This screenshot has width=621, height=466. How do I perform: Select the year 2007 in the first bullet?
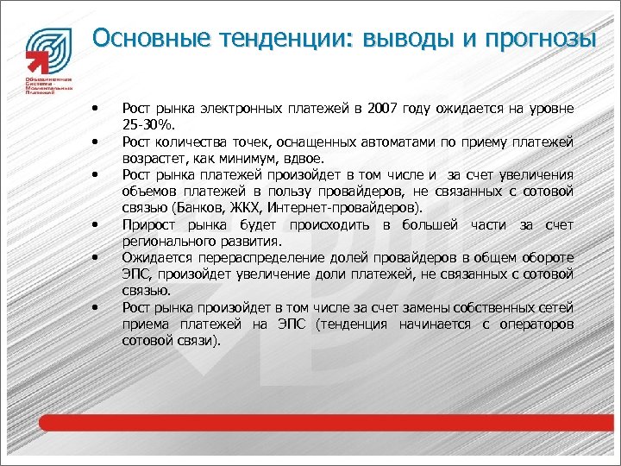point(384,109)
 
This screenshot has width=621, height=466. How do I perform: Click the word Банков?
point(197,208)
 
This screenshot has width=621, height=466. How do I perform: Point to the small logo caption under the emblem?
point(48,85)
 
